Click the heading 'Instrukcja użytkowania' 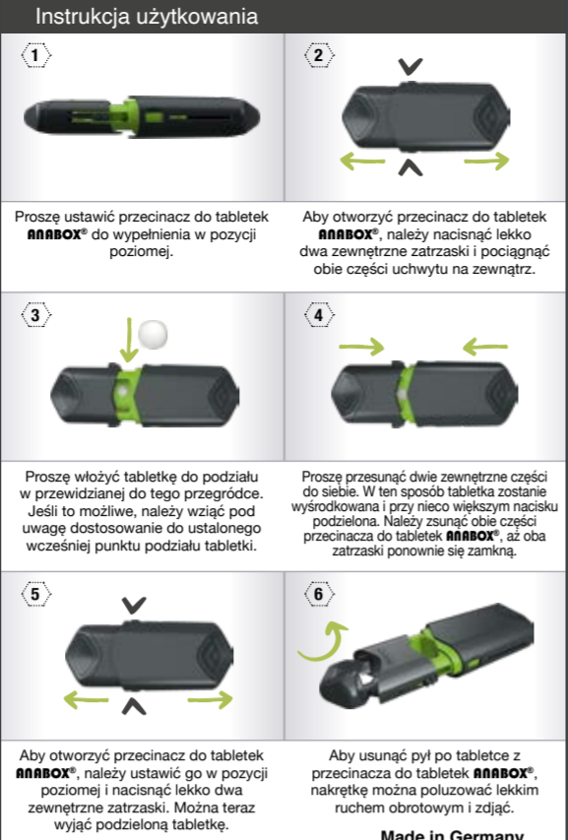pyautogui.click(x=146, y=16)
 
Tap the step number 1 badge pyautogui.click(x=35, y=54)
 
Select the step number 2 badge pyautogui.click(x=319, y=54)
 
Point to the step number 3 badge pyautogui.click(x=35, y=314)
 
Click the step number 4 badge pyautogui.click(x=319, y=314)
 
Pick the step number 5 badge pyautogui.click(x=35, y=594)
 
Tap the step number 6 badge pyautogui.click(x=319, y=594)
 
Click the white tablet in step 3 pyautogui.click(x=153, y=335)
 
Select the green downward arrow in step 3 pyautogui.click(x=129, y=340)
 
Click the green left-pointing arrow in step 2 pyautogui.click(x=362, y=161)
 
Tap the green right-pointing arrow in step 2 pyautogui.click(x=486, y=161)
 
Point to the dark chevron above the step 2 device pyautogui.click(x=410, y=66)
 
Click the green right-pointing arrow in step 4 pyautogui.click(x=362, y=347)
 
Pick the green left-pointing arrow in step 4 pyautogui.click(x=485, y=347)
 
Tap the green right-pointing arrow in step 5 pyautogui.click(x=211, y=699)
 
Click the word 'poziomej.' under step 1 pyautogui.click(x=142, y=251)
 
